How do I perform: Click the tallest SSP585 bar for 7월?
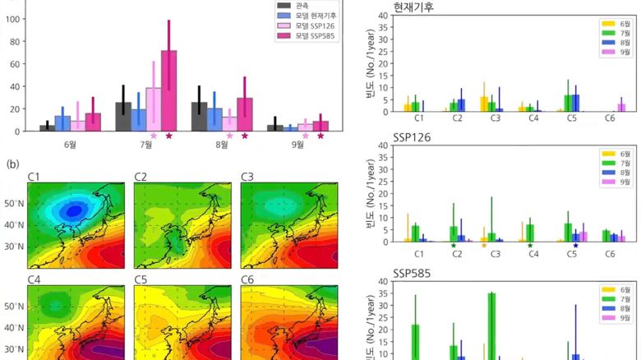point(168,90)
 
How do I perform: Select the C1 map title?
point(35,177)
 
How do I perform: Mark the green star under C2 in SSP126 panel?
point(453,245)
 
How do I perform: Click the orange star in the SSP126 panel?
point(484,245)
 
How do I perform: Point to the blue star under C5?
point(575,245)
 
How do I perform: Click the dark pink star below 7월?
point(168,136)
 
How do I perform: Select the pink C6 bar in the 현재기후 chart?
point(621,107)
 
